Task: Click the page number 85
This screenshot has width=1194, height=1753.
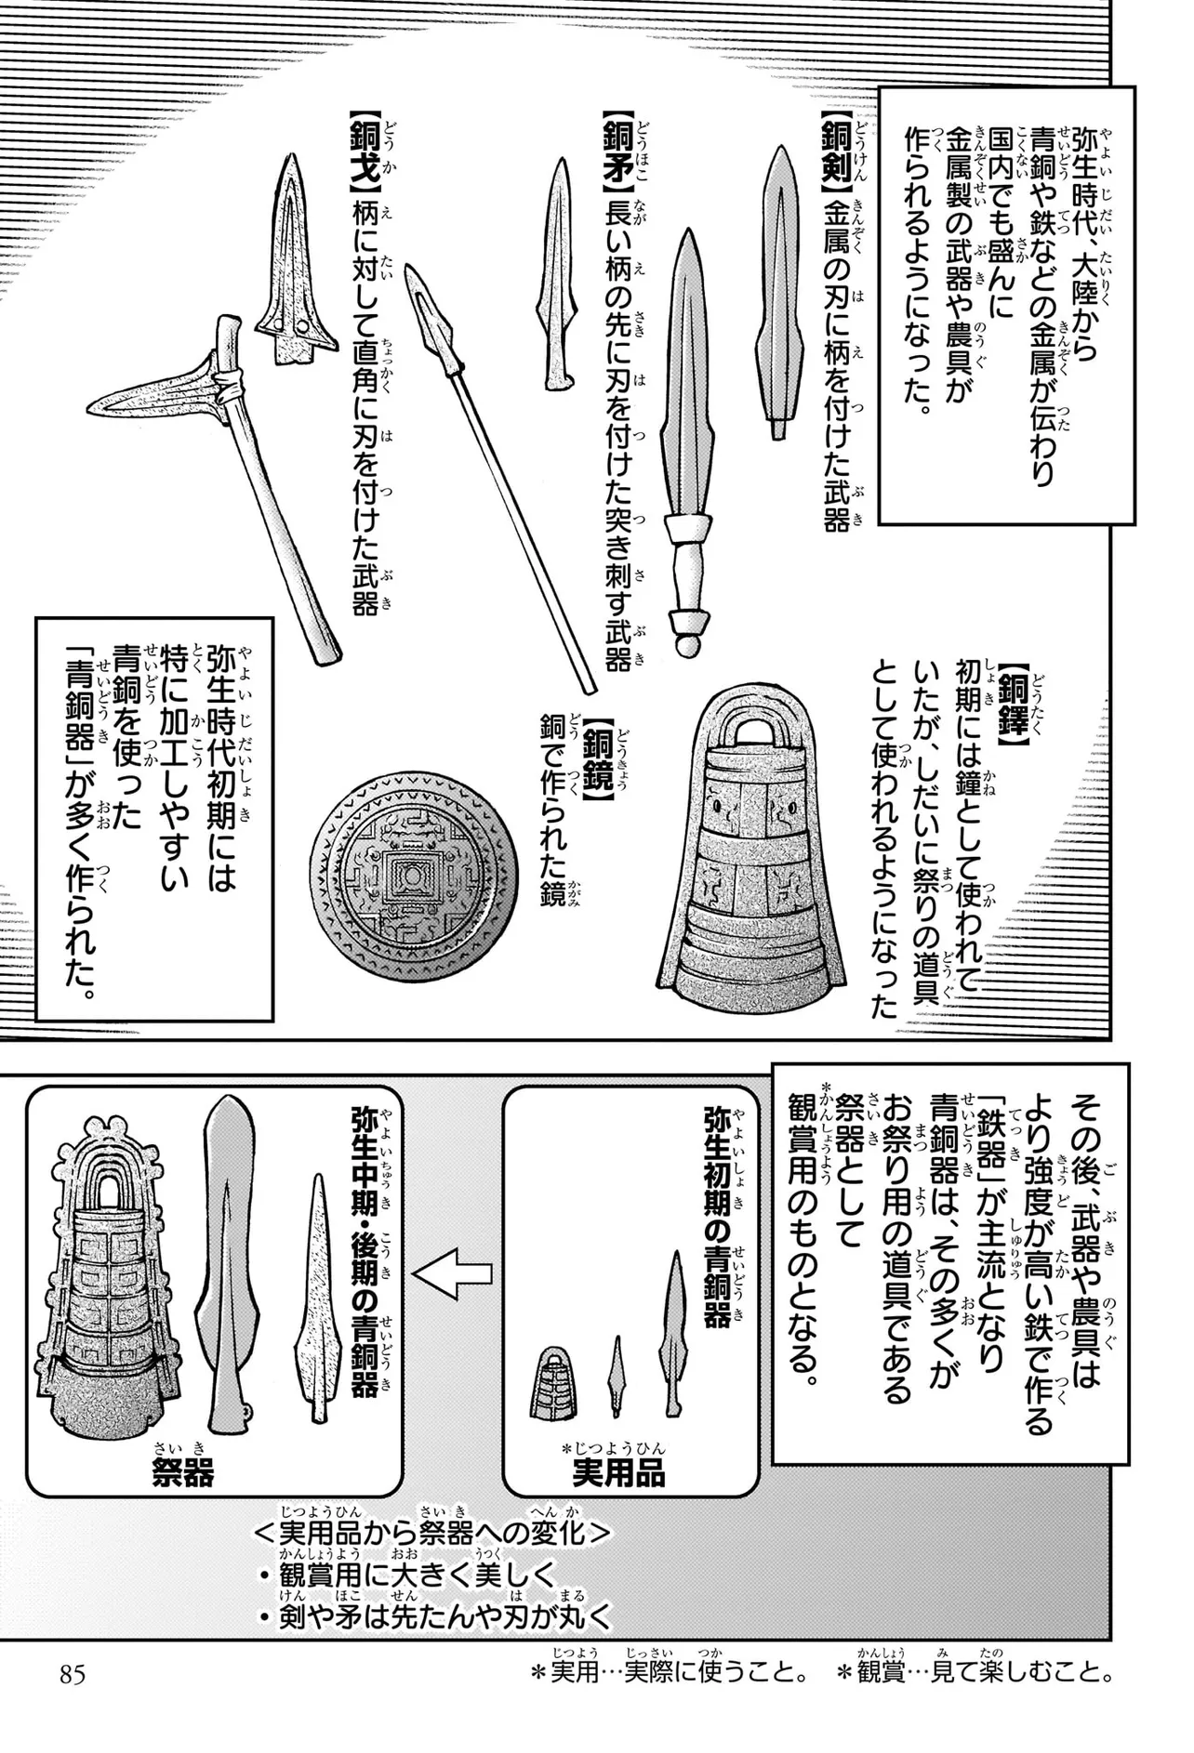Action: point(73,1675)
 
